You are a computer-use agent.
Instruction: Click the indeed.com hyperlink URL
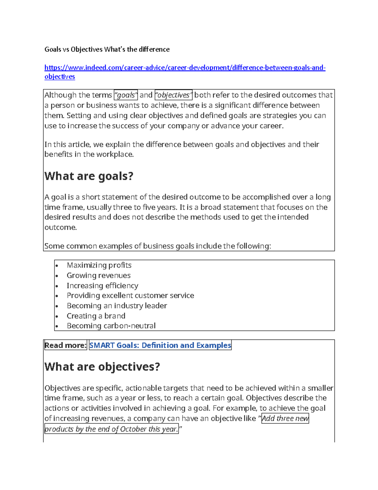pyautogui.click(x=185, y=68)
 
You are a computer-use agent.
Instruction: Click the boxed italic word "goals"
pyautogui.click(x=126, y=95)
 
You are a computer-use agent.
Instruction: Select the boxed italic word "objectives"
pyautogui.click(x=174, y=95)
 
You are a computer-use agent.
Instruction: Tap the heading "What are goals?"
pyautogui.click(x=89, y=176)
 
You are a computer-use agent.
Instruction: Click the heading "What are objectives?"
pyautogui.click(x=102, y=367)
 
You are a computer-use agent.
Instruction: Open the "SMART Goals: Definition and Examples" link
pyautogui.click(x=160, y=345)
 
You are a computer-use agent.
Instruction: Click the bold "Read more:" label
pyautogui.click(x=66, y=345)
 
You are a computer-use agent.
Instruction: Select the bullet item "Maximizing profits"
pyautogui.click(x=99, y=265)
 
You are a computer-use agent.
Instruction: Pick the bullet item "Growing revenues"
pyautogui.click(x=99, y=275)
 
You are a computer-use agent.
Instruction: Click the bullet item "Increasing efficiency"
pyautogui.click(x=102, y=286)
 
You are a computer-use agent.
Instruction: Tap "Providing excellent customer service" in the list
pyautogui.click(x=130, y=296)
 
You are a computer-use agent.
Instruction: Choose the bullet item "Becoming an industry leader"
pyautogui.click(x=117, y=306)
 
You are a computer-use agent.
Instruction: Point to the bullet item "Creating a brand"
pyautogui.click(x=96, y=316)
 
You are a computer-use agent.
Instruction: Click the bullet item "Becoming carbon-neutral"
pyautogui.click(x=111, y=326)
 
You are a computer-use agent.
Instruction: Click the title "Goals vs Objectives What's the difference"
pyautogui.click(x=107, y=49)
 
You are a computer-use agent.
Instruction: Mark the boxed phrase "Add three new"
pyautogui.click(x=285, y=418)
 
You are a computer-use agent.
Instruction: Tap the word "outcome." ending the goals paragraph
pyautogui.click(x=60, y=227)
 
